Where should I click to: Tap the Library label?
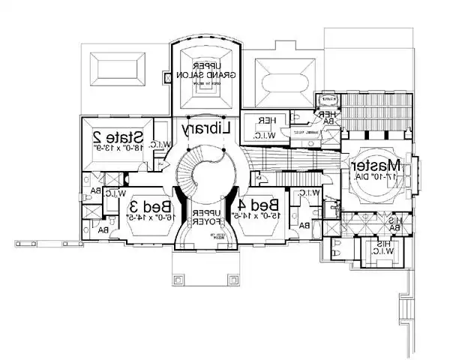coord(204,130)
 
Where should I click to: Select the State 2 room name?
coord(118,137)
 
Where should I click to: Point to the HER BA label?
coord(328,118)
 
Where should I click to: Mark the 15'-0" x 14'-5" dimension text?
coord(259,218)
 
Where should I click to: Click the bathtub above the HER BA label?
coord(327,97)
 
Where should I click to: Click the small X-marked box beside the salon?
coord(166,77)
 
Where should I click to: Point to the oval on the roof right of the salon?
coord(282,78)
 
